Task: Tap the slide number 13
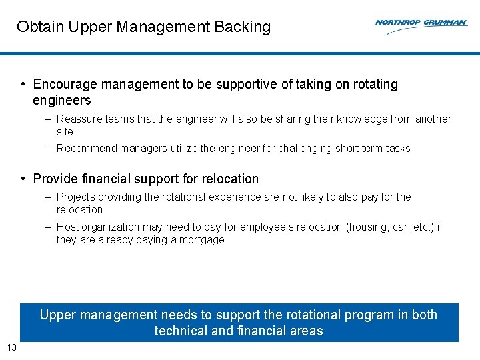11,347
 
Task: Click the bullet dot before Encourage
23,85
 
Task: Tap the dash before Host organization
49,227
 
